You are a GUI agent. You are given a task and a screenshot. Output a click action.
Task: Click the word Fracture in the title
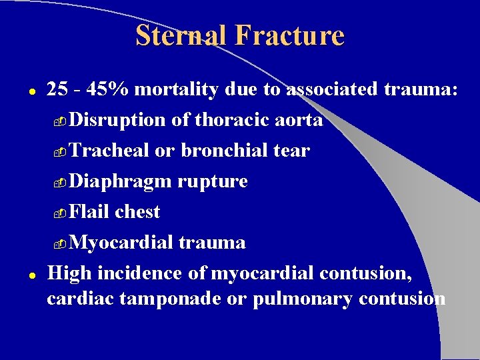(289, 35)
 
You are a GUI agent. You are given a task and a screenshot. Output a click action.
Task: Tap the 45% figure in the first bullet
(99, 90)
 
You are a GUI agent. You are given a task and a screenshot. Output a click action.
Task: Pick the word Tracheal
(109, 151)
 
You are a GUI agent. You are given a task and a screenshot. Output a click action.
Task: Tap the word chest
(137, 212)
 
